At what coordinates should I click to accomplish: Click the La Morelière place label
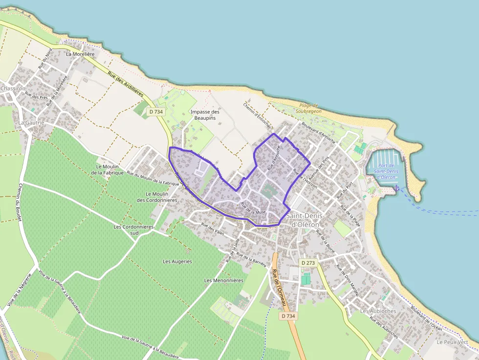[x=80, y=54]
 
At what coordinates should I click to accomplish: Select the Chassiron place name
[x=13, y=88]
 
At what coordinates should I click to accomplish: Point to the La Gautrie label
[x=31, y=122]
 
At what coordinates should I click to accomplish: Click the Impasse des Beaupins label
[x=205, y=115]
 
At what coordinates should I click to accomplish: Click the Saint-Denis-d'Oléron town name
[x=303, y=220]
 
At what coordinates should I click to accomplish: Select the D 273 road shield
[x=308, y=263]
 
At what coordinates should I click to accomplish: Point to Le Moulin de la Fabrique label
[x=109, y=169]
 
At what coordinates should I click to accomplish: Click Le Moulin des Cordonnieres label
[x=156, y=197]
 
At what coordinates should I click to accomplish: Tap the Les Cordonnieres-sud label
[x=134, y=230]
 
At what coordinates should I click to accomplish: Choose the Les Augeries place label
[x=177, y=261]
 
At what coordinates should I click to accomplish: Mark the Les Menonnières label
[x=224, y=280]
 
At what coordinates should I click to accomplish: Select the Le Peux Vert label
[x=453, y=342]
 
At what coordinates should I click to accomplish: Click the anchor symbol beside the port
[x=396, y=188]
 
